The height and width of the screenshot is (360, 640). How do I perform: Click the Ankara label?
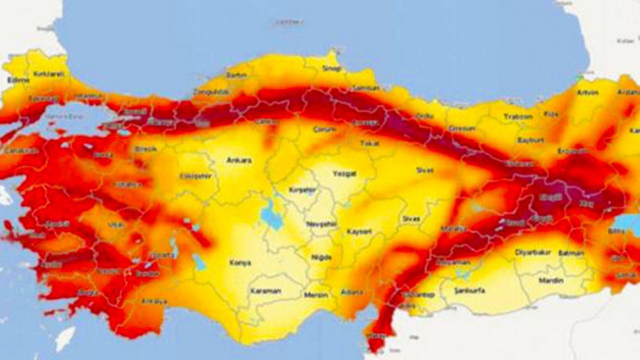point(239,160)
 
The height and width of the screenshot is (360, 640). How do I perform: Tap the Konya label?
point(240,263)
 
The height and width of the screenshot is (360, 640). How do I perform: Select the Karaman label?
point(265,291)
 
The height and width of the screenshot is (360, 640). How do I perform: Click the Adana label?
point(352,292)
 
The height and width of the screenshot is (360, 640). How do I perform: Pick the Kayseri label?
point(359,231)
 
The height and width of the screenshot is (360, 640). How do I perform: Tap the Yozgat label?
point(344,174)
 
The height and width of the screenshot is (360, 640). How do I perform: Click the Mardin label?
point(550,280)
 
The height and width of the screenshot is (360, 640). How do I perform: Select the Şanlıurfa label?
point(468,291)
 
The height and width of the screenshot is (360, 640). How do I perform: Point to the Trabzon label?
point(518,116)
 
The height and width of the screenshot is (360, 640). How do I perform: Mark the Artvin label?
point(587,92)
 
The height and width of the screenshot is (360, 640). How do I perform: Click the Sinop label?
point(331,69)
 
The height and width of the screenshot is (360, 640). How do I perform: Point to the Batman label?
point(571,253)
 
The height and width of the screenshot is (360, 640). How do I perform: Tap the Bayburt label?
point(531,140)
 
